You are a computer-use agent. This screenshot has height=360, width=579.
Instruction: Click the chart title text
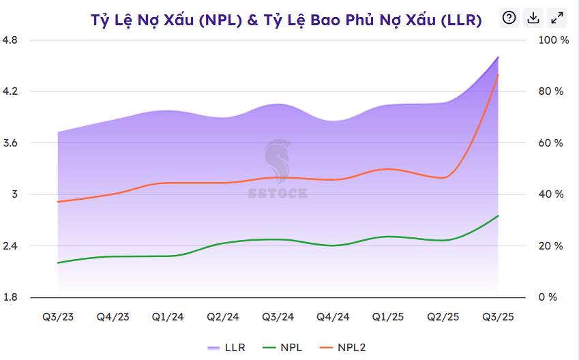pos(286,20)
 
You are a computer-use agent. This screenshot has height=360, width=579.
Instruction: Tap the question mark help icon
pos(509,18)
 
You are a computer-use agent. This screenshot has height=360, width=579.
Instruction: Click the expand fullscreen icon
pos(557,18)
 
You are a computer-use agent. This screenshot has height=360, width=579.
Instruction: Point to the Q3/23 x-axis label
pos(58,317)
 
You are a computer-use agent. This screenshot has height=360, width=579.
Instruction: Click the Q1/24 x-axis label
pos(168,317)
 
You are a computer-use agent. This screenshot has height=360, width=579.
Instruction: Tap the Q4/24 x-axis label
pos(333,317)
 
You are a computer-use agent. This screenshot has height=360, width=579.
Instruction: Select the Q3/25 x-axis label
pos(498,317)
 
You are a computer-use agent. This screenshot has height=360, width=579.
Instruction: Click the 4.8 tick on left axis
pos(10,40)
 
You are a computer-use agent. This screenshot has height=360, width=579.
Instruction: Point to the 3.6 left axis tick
pos(10,143)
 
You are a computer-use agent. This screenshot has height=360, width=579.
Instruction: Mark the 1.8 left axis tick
pos(10,297)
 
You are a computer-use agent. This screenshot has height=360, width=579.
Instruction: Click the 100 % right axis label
pos(553,40)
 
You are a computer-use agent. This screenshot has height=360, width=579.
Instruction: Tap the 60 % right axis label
pos(551,143)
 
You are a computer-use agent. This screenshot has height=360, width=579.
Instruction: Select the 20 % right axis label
pos(551,246)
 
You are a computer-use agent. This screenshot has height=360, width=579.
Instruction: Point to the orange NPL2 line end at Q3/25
pos(498,75)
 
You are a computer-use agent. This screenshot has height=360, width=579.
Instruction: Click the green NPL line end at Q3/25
pos(498,216)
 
